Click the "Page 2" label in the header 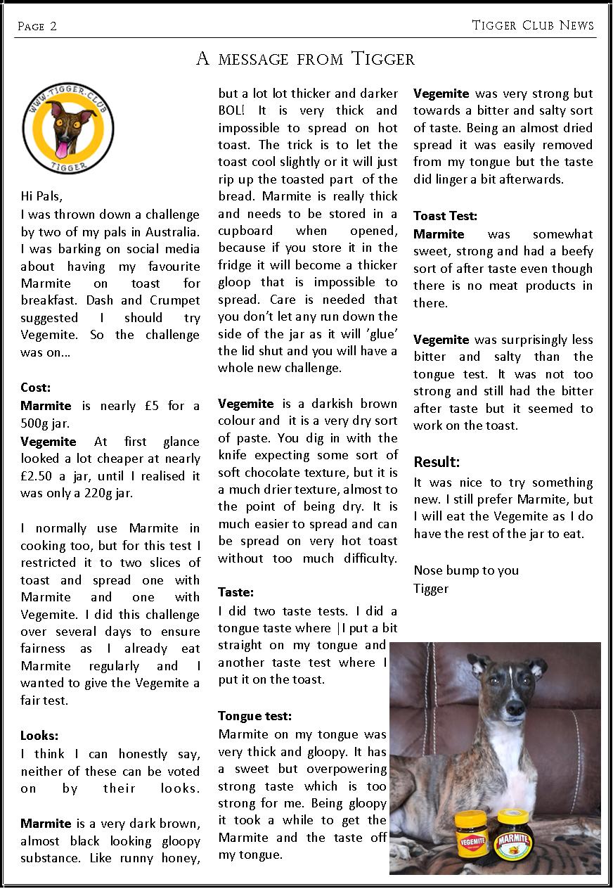[37, 27]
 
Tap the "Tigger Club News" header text [533, 26]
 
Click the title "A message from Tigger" [305, 58]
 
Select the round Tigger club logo [67, 127]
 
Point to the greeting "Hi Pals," [42, 196]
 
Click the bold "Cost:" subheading [36, 387]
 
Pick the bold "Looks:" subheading [39, 736]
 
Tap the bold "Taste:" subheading [235, 592]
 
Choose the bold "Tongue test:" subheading [254, 716]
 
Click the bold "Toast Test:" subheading [445, 216]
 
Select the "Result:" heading [437, 462]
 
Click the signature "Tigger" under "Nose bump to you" [431, 588]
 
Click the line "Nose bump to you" [466, 570]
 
